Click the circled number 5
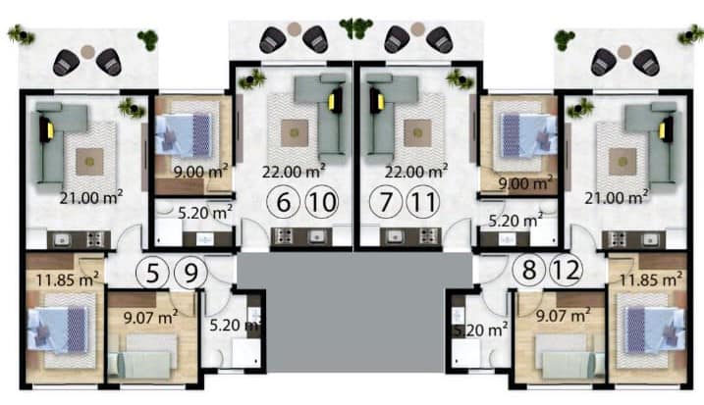click(152, 273)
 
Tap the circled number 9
click(190, 273)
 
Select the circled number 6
click(284, 202)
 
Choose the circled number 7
click(386, 202)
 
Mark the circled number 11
click(423, 202)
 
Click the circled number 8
click(529, 270)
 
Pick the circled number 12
click(567, 270)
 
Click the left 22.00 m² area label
click(295, 171)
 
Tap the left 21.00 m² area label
click(91, 197)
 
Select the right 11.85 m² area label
click(651, 279)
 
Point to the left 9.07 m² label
click(151, 317)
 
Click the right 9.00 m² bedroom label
click(525, 182)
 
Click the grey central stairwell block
click(354, 312)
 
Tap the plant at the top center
click(356, 27)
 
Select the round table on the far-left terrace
click(88, 51)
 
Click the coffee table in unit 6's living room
click(295, 132)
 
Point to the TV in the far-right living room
click(667, 129)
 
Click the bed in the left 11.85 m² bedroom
click(58, 329)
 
